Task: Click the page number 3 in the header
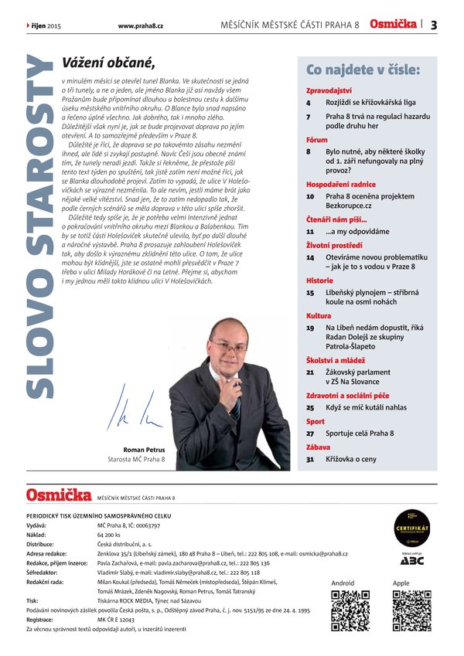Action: (434, 25)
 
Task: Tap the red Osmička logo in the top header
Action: (394, 24)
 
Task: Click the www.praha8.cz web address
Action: (140, 25)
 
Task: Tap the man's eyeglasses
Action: (228, 345)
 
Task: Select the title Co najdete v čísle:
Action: (363, 70)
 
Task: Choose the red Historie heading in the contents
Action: (319, 281)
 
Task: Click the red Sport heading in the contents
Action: (316, 422)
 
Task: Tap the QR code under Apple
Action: (411, 610)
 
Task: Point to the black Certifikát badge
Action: (411, 525)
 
